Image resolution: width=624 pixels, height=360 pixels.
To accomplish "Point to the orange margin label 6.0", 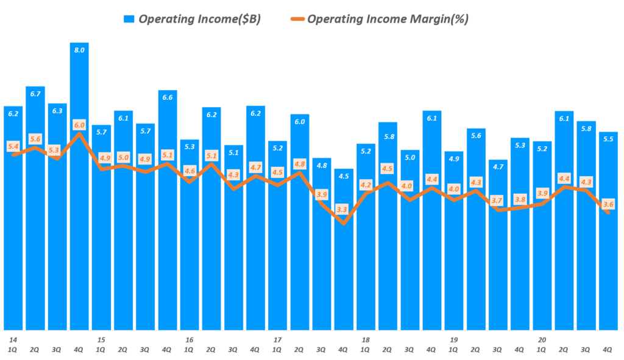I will click(x=79, y=124).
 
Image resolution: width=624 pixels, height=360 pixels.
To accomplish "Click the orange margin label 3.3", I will click(x=343, y=210).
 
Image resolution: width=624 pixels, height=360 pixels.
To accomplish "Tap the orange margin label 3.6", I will click(x=608, y=204).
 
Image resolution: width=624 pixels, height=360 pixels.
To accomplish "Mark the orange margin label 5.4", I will click(x=13, y=146).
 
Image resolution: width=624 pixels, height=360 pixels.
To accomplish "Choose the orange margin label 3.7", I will click(x=497, y=200).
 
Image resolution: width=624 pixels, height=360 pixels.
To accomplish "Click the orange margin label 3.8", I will click(x=519, y=199).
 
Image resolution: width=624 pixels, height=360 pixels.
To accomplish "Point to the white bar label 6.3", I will click(x=57, y=111).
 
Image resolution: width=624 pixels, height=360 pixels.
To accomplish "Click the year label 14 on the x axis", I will click(x=13, y=339).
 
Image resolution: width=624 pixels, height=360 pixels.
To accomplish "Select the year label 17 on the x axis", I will click(x=277, y=339).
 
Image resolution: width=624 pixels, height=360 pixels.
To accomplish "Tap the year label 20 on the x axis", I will click(x=541, y=339).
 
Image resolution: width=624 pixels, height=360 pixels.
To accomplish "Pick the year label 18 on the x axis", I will click(x=365, y=339).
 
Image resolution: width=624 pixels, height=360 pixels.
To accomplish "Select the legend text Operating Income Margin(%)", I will click(x=388, y=19).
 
